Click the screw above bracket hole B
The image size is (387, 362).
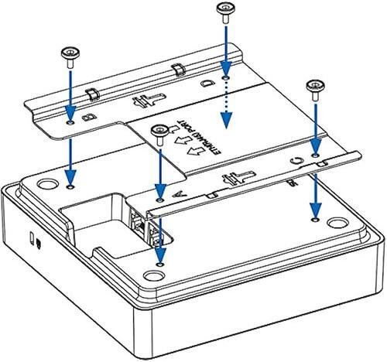(69, 53)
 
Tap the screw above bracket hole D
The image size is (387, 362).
(224, 12)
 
